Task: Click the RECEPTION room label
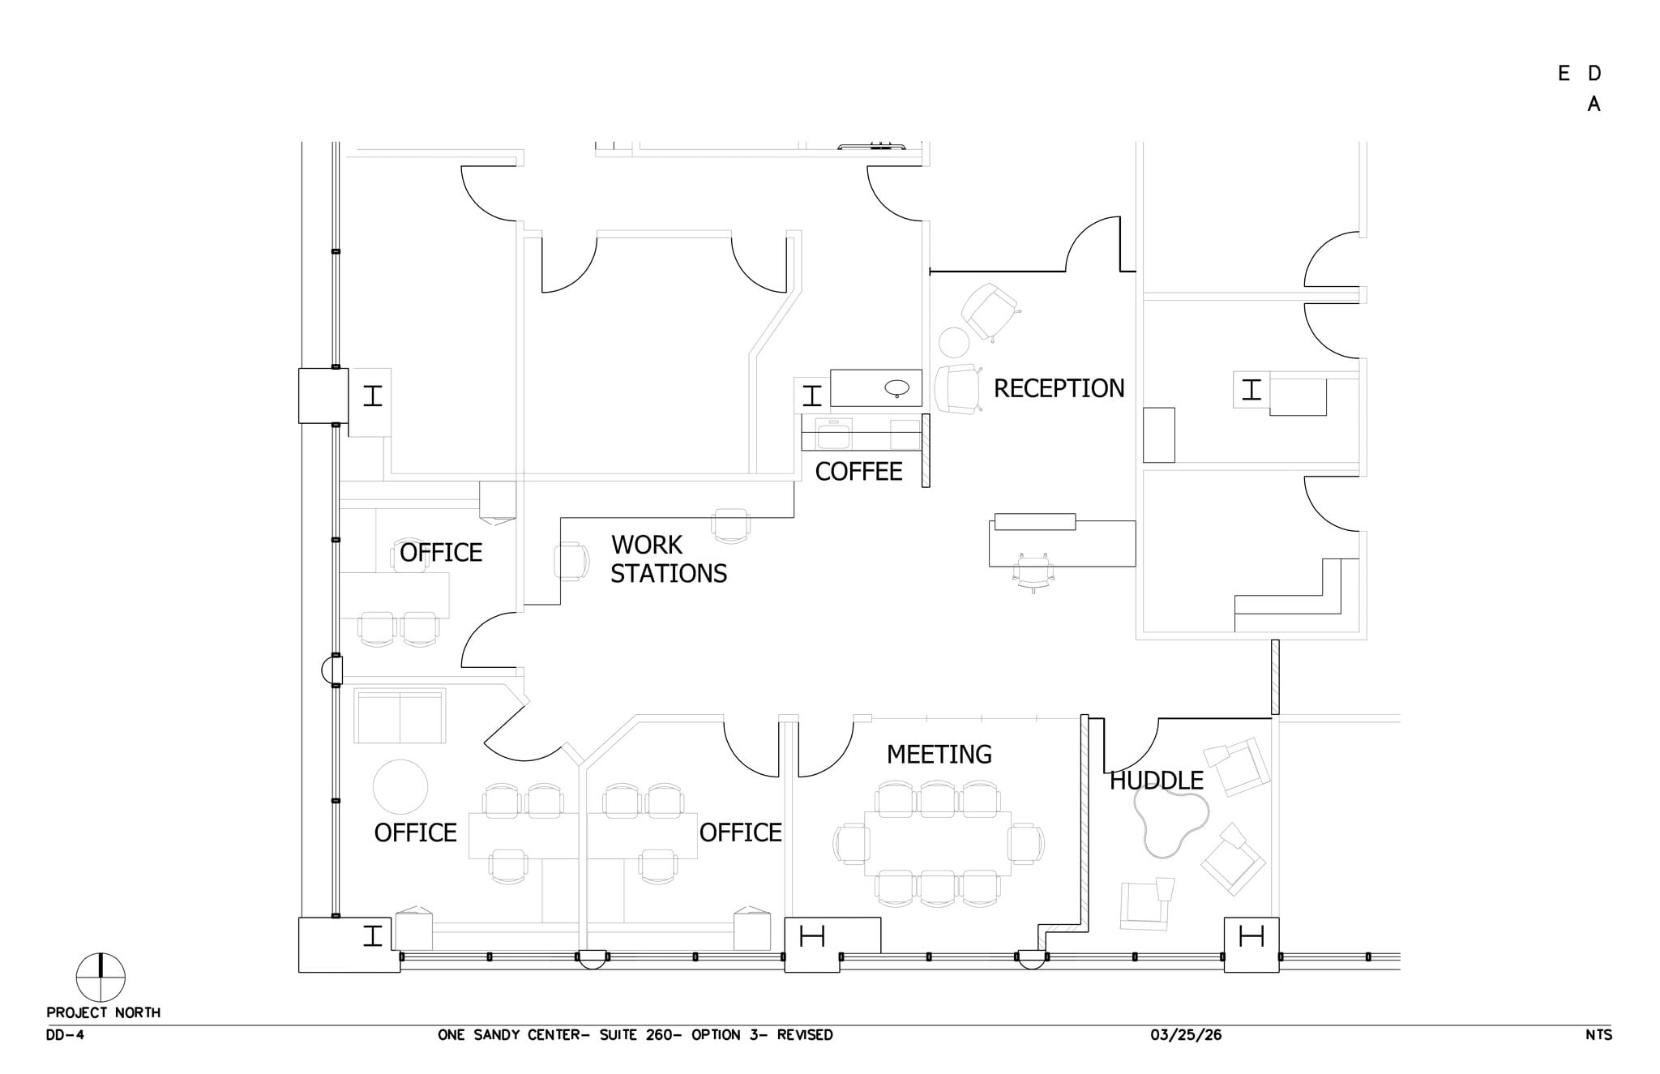click(1059, 389)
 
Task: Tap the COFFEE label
click(858, 472)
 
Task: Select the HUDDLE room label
click(1156, 781)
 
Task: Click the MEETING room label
click(939, 755)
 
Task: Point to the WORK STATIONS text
click(668, 559)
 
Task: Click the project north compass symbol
click(101, 978)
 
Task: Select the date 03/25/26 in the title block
click(1185, 1036)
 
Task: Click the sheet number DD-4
click(65, 1036)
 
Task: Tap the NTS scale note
click(1598, 1036)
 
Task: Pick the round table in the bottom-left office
click(400, 786)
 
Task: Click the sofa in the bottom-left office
click(400, 716)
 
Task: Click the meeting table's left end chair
click(850, 845)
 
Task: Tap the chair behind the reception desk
click(1033, 572)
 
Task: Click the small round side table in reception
click(954, 342)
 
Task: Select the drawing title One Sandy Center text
click(635, 1036)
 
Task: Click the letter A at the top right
click(1594, 105)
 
